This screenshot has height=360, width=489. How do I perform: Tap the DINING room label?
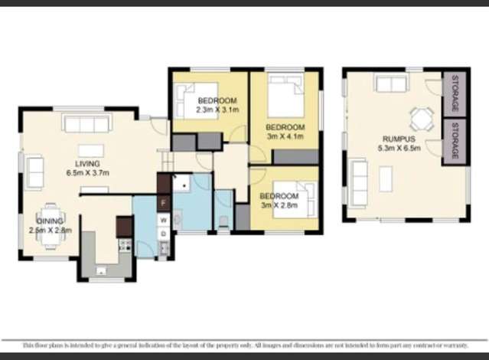click(x=28, y=221)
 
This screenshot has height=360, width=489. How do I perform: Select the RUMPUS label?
click(x=398, y=139)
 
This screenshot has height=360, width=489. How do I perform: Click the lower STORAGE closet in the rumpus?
click(x=455, y=140)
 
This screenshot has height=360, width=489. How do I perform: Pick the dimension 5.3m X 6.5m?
click(x=398, y=149)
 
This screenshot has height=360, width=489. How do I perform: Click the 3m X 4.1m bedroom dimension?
click(x=285, y=136)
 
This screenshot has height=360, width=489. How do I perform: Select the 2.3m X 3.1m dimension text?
click(x=217, y=110)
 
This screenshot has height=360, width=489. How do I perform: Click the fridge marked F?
click(x=163, y=203)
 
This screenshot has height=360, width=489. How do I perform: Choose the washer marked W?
click(x=163, y=220)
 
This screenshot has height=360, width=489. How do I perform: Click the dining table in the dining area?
click(x=51, y=226)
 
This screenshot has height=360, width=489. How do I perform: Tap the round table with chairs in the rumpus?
click(x=421, y=116)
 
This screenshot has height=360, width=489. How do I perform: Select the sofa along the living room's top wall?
click(x=87, y=123)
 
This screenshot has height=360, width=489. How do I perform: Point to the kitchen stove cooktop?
click(x=125, y=246)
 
